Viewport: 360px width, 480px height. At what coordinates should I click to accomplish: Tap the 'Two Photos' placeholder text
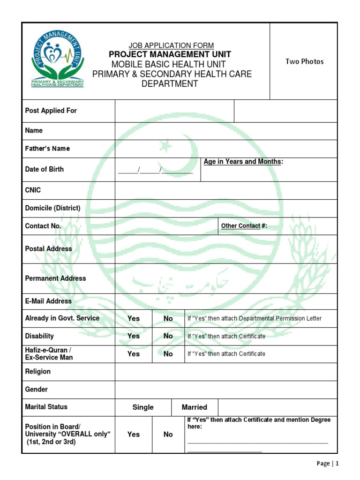(304, 61)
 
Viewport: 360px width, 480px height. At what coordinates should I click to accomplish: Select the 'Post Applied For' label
(51, 111)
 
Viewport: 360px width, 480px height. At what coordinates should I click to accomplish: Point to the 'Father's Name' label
(47, 149)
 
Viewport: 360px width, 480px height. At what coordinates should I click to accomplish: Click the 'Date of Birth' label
(44, 169)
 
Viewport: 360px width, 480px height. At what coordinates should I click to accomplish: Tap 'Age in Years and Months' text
(243, 162)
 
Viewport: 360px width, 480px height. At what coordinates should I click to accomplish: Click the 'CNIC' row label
(33, 190)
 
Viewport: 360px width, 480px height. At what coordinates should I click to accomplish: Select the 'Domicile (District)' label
(52, 208)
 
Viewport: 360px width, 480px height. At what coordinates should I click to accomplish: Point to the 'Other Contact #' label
(244, 226)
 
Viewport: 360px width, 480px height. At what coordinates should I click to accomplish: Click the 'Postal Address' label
(48, 249)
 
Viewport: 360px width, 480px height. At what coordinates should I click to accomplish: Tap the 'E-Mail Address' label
(48, 301)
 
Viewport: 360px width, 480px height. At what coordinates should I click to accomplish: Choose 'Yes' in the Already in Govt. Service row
(134, 318)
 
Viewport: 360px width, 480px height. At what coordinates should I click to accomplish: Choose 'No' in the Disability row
(168, 336)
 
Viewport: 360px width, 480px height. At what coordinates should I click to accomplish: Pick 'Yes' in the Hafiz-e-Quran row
(134, 354)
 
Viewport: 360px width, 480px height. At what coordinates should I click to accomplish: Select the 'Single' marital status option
(143, 407)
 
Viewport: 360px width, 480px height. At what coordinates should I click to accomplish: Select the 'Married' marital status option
(194, 407)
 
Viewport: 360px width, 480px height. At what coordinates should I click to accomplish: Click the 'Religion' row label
(37, 372)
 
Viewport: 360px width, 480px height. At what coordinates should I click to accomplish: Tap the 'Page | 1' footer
(327, 464)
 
